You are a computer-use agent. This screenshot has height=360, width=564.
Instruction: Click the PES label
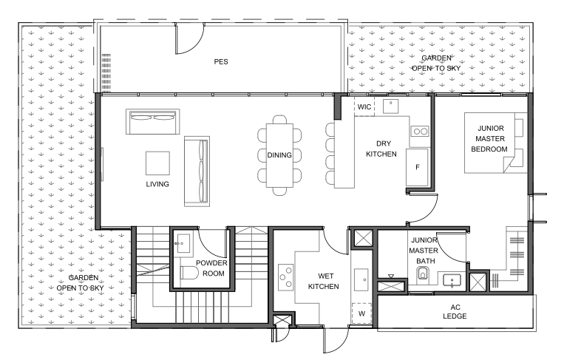tap(221, 62)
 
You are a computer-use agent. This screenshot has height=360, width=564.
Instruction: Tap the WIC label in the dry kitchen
tap(364, 106)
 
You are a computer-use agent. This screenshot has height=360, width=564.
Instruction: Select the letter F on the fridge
tap(417, 167)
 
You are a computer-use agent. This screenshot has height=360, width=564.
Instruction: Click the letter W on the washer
tap(361, 313)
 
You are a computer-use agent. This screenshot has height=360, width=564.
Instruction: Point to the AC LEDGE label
tap(455, 312)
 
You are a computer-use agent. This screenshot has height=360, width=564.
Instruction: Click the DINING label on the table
tap(279, 155)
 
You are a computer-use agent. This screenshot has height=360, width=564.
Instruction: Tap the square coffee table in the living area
tap(157, 163)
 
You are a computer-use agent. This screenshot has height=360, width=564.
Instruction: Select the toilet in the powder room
tap(189, 273)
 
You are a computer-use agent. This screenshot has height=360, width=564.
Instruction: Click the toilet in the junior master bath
tap(423, 274)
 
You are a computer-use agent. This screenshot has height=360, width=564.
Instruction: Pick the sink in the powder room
tap(183, 243)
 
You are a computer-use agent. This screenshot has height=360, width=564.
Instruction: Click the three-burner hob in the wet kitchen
tap(285, 277)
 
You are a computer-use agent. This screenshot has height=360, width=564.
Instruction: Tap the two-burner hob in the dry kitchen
tap(420, 132)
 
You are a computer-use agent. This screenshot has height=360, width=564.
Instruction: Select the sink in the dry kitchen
tap(390, 106)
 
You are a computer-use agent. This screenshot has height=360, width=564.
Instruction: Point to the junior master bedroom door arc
tap(430, 214)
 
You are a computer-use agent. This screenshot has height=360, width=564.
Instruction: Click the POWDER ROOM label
tap(212, 268)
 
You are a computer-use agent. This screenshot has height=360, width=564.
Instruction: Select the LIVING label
tap(157, 184)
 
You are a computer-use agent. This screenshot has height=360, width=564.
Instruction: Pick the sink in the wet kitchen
tap(361, 279)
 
